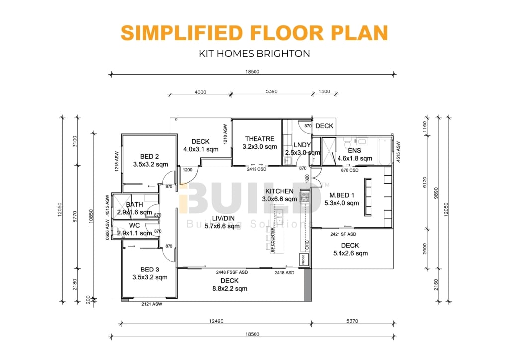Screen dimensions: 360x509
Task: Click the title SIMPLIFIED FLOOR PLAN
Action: point(254,33)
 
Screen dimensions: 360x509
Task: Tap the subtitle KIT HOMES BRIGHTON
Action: point(254,53)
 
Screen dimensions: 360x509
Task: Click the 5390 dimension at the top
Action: point(271,91)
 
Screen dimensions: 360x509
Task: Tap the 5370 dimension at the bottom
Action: point(352,321)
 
